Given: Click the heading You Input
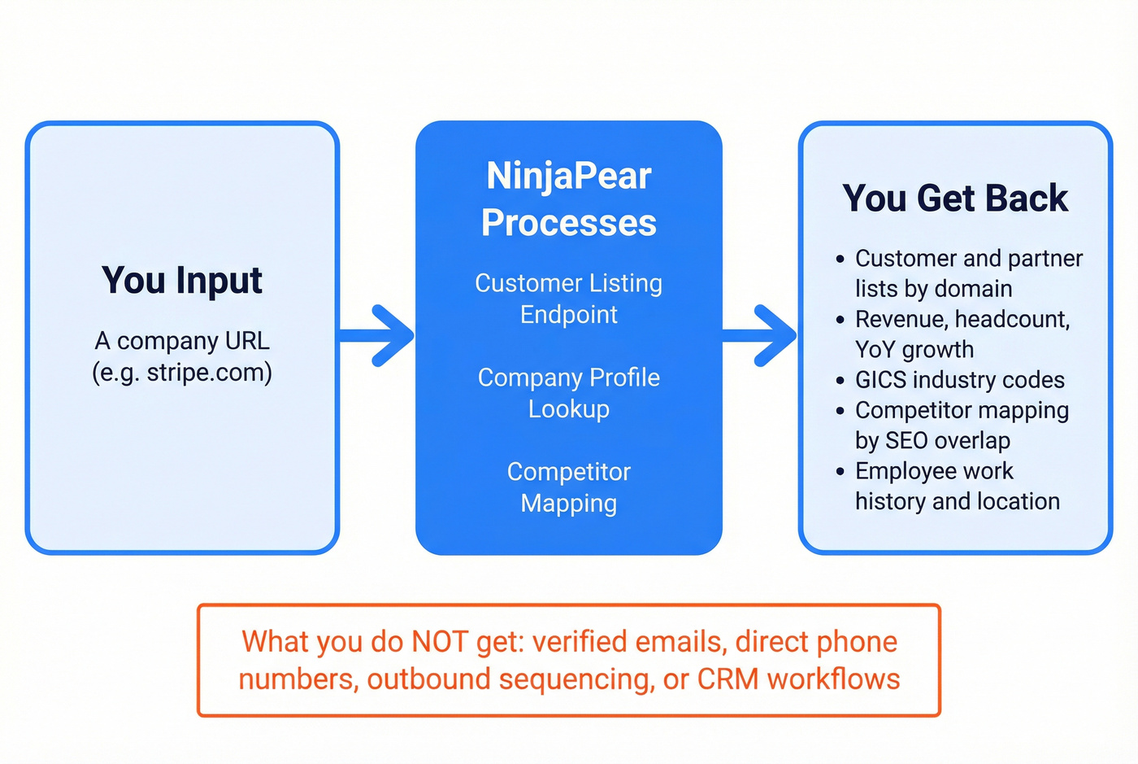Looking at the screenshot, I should pyautogui.click(x=182, y=281).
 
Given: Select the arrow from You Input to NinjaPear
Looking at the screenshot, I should pyautogui.click(x=377, y=335).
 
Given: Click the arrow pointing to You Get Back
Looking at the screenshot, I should pyautogui.click(x=760, y=335).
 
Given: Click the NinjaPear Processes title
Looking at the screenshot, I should pyautogui.click(x=568, y=199).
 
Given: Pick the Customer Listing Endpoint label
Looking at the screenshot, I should pyautogui.click(x=568, y=299).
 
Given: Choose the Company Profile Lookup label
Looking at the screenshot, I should pyautogui.click(x=568, y=393).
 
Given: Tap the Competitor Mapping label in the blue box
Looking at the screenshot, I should pyautogui.click(x=568, y=487).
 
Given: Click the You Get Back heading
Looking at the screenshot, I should pyautogui.click(x=955, y=199).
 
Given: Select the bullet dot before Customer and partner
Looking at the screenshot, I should pyautogui.click(x=840, y=260).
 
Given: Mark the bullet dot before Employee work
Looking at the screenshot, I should pyautogui.click(x=840, y=472).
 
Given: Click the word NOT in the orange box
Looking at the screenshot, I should pyautogui.click(x=440, y=642).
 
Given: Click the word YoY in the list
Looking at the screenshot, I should pyautogui.click(x=875, y=350).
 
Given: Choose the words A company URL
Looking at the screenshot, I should pyautogui.click(x=182, y=341).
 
